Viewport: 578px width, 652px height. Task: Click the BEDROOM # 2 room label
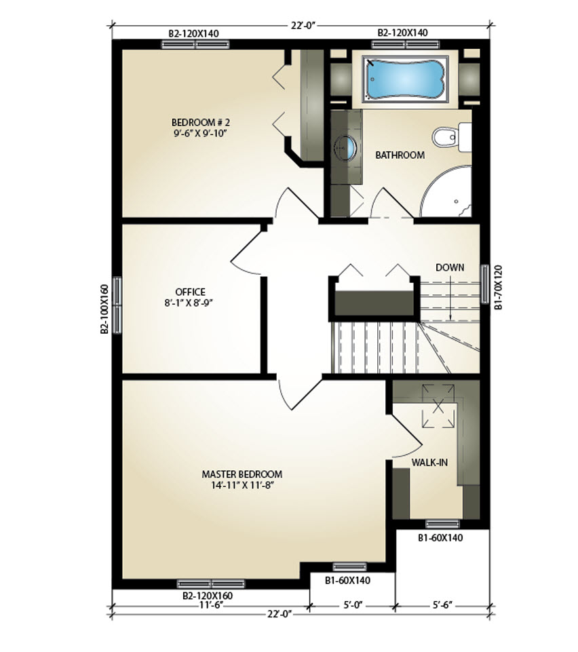pyautogui.click(x=201, y=123)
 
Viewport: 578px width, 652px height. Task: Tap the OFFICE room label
pyautogui.click(x=191, y=292)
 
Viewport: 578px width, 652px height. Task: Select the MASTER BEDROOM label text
pyautogui.click(x=242, y=474)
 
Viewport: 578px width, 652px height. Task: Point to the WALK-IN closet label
pyautogui.click(x=429, y=463)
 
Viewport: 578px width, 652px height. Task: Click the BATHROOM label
pyautogui.click(x=400, y=155)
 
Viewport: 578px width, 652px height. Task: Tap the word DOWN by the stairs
pyautogui.click(x=450, y=267)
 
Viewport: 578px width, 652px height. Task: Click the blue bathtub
pyautogui.click(x=404, y=79)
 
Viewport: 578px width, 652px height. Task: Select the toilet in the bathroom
pyautogui.click(x=452, y=137)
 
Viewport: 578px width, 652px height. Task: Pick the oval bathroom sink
pyautogui.click(x=345, y=147)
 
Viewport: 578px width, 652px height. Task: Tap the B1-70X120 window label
pyautogui.click(x=498, y=288)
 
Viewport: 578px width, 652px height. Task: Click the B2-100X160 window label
pyautogui.click(x=104, y=309)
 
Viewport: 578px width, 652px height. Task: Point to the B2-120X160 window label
pyautogui.click(x=208, y=596)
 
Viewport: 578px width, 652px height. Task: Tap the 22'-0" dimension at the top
pyautogui.click(x=304, y=25)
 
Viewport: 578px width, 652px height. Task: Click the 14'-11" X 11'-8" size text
pyautogui.click(x=242, y=485)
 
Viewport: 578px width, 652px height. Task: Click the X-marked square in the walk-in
pyautogui.click(x=438, y=406)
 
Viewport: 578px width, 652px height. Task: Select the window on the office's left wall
pyautogui.click(x=117, y=305)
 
